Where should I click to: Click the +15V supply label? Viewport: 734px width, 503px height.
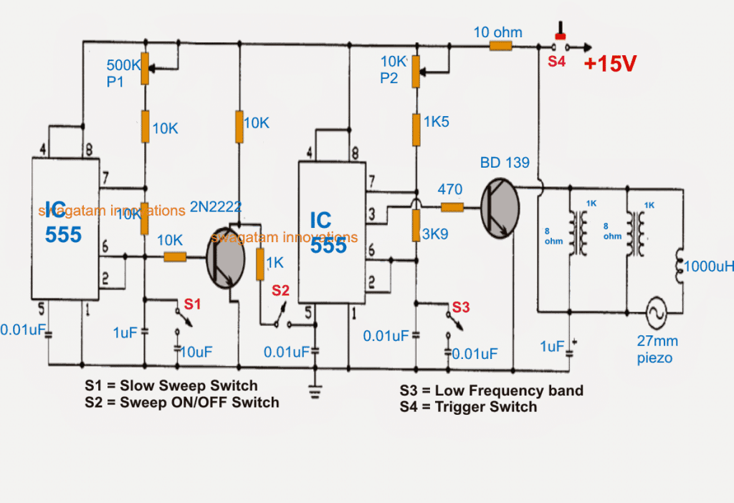click(x=610, y=63)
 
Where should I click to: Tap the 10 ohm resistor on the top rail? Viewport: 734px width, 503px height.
click(x=500, y=46)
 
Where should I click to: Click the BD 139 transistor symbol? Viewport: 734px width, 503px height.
click(x=500, y=209)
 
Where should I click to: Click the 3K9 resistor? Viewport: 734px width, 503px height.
click(x=415, y=226)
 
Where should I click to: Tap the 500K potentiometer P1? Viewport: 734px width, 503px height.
click(x=144, y=67)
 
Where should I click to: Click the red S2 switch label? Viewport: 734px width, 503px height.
click(x=280, y=290)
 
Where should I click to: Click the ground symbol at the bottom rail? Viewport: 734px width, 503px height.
click(x=313, y=390)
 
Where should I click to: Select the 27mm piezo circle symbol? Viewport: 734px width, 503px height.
click(x=654, y=313)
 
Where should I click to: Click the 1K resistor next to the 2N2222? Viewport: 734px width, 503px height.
click(x=259, y=264)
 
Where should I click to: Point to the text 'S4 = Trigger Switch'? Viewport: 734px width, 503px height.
click(x=468, y=407)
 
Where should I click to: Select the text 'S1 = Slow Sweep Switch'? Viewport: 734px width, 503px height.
click(x=171, y=386)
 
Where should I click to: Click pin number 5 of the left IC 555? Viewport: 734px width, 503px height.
click(x=40, y=310)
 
